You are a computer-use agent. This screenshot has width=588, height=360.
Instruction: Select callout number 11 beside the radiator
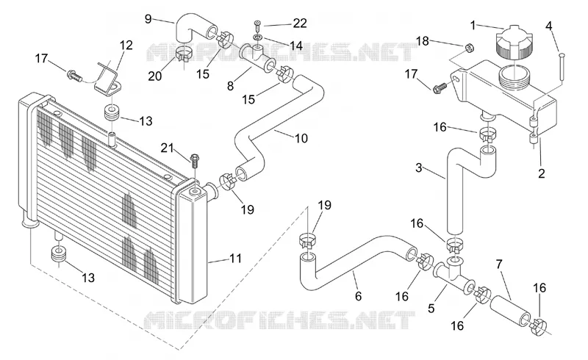click(x=235, y=259)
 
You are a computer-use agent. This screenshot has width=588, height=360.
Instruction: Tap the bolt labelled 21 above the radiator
click(x=195, y=160)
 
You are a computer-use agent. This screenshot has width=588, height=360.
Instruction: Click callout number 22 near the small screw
click(x=300, y=24)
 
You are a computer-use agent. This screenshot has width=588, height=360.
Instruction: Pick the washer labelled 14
click(x=258, y=37)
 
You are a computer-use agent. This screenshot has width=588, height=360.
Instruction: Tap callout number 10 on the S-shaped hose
click(x=301, y=138)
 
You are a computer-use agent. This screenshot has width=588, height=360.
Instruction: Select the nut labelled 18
click(x=469, y=48)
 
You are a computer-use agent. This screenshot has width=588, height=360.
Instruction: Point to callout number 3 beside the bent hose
click(x=419, y=168)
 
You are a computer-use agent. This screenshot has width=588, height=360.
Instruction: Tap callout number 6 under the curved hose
click(x=358, y=296)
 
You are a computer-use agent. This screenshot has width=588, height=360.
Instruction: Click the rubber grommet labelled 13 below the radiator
click(x=58, y=255)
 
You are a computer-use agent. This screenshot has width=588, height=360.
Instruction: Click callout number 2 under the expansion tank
click(x=541, y=173)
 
